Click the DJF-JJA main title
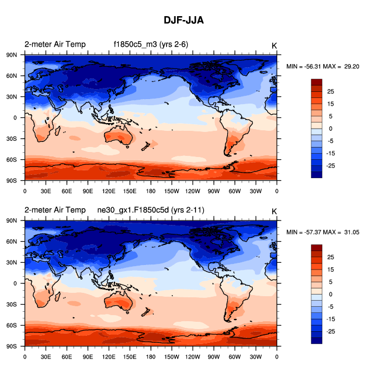[184, 20]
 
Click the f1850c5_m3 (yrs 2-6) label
[147, 45]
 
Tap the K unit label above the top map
[274, 45]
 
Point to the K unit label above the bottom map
[274, 211]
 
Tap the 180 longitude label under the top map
[151, 191]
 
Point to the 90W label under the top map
[214, 191]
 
